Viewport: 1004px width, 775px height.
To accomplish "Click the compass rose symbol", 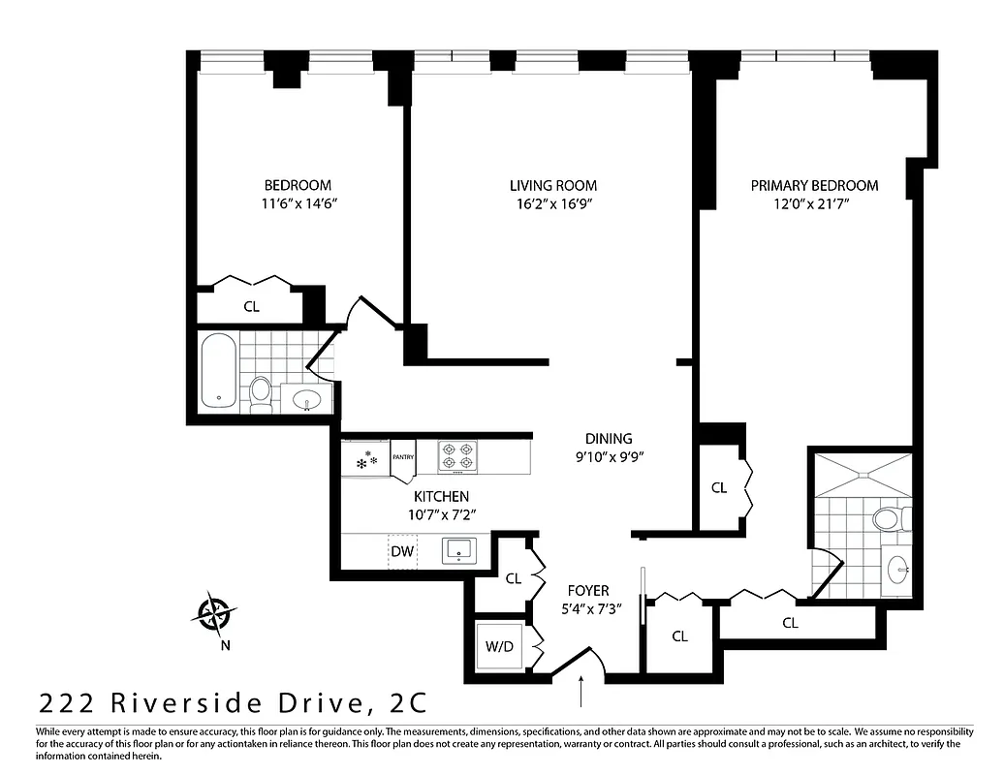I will [213, 612].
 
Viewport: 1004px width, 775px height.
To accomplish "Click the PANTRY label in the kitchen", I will [403, 456].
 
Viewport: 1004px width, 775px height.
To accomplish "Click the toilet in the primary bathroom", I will [888, 518].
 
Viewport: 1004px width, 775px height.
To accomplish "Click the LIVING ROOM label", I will [553, 185].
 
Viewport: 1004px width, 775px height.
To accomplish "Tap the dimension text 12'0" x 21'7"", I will [814, 203].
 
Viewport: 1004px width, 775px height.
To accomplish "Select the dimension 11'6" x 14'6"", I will [298, 203].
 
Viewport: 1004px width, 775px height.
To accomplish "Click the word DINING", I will [609, 438].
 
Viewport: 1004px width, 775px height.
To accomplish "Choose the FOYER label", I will [588, 590].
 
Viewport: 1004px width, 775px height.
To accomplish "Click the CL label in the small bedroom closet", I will [252, 306].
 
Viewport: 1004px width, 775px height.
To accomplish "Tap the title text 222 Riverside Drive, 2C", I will [233, 700].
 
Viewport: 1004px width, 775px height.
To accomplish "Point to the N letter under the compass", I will [225, 645].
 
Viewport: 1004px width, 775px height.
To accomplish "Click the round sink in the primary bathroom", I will [896, 570].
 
